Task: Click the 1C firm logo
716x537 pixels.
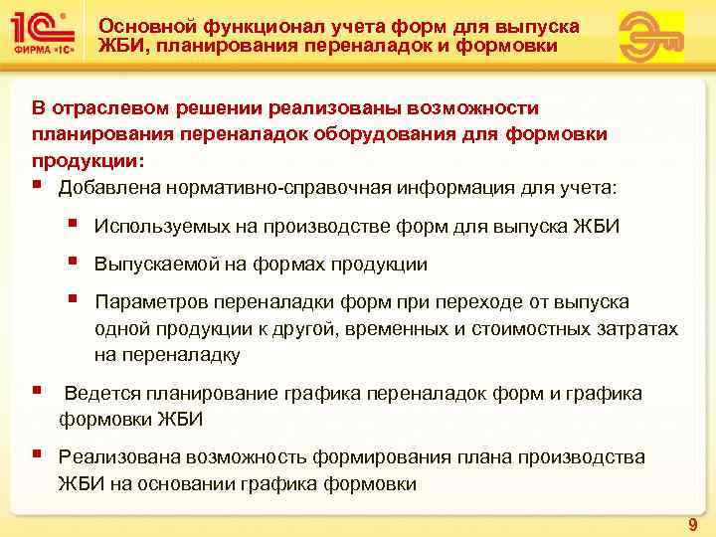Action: point(44,36)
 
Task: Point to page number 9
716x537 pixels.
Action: point(692,523)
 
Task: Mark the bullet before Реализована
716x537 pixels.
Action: point(36,455)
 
